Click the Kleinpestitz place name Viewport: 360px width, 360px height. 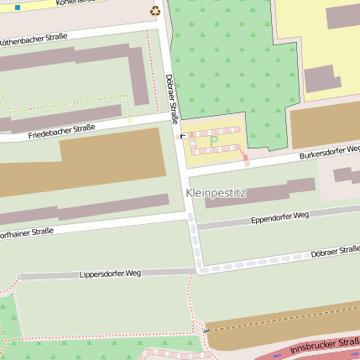216,193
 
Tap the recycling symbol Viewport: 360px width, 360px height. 154,11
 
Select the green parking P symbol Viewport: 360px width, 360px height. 213,140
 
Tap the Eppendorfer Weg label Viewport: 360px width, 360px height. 280,217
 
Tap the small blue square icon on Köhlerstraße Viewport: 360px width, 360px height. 18,7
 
